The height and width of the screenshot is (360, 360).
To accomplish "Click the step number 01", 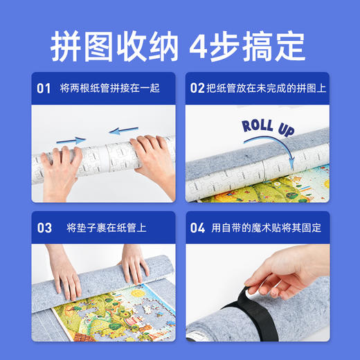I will point(44,88).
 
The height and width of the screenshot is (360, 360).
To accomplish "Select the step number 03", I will point(44,227).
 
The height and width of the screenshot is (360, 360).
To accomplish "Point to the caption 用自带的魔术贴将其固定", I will point(267,227).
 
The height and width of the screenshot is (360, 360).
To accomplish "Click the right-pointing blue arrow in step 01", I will point(71,140).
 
